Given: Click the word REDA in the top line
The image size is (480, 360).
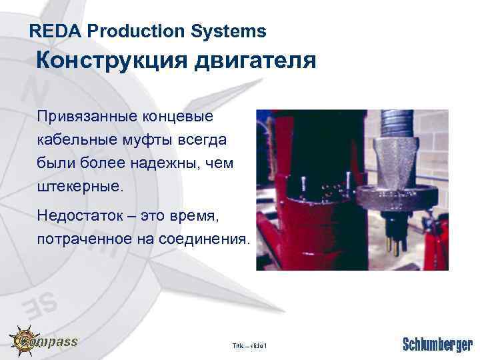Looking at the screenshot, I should pos(56,31).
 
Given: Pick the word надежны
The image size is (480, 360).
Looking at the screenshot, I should pos(167,163).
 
